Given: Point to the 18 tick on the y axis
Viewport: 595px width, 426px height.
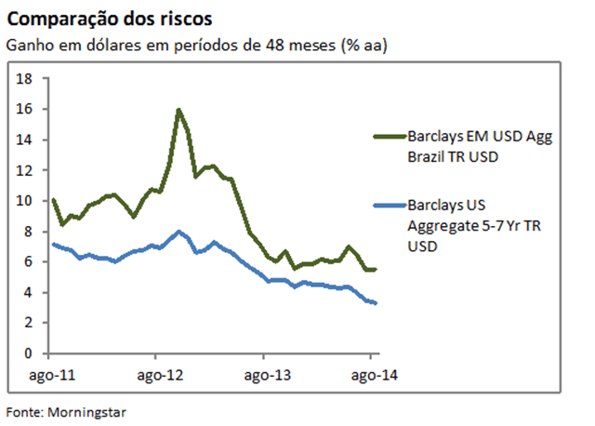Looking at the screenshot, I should coord(26,79).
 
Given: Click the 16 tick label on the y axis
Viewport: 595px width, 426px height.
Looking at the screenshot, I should coord(26,110).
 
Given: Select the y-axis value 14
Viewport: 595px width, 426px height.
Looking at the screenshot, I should coord(26,140).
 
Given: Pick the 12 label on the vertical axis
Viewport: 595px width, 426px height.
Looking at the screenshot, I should coord(26,171).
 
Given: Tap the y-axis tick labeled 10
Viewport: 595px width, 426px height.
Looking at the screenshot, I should coord(26,201).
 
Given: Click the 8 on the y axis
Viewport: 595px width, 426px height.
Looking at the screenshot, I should coord(30,232).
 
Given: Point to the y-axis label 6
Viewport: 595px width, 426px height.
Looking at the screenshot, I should coord(30,262).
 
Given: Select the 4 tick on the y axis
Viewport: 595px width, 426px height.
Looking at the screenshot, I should coord(30,293).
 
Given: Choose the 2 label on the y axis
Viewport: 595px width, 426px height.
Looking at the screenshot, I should coord(30,324).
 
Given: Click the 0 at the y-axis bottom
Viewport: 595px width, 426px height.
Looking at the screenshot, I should coord(30,354).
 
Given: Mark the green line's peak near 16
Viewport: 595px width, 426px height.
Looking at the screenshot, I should coord(178,111).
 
